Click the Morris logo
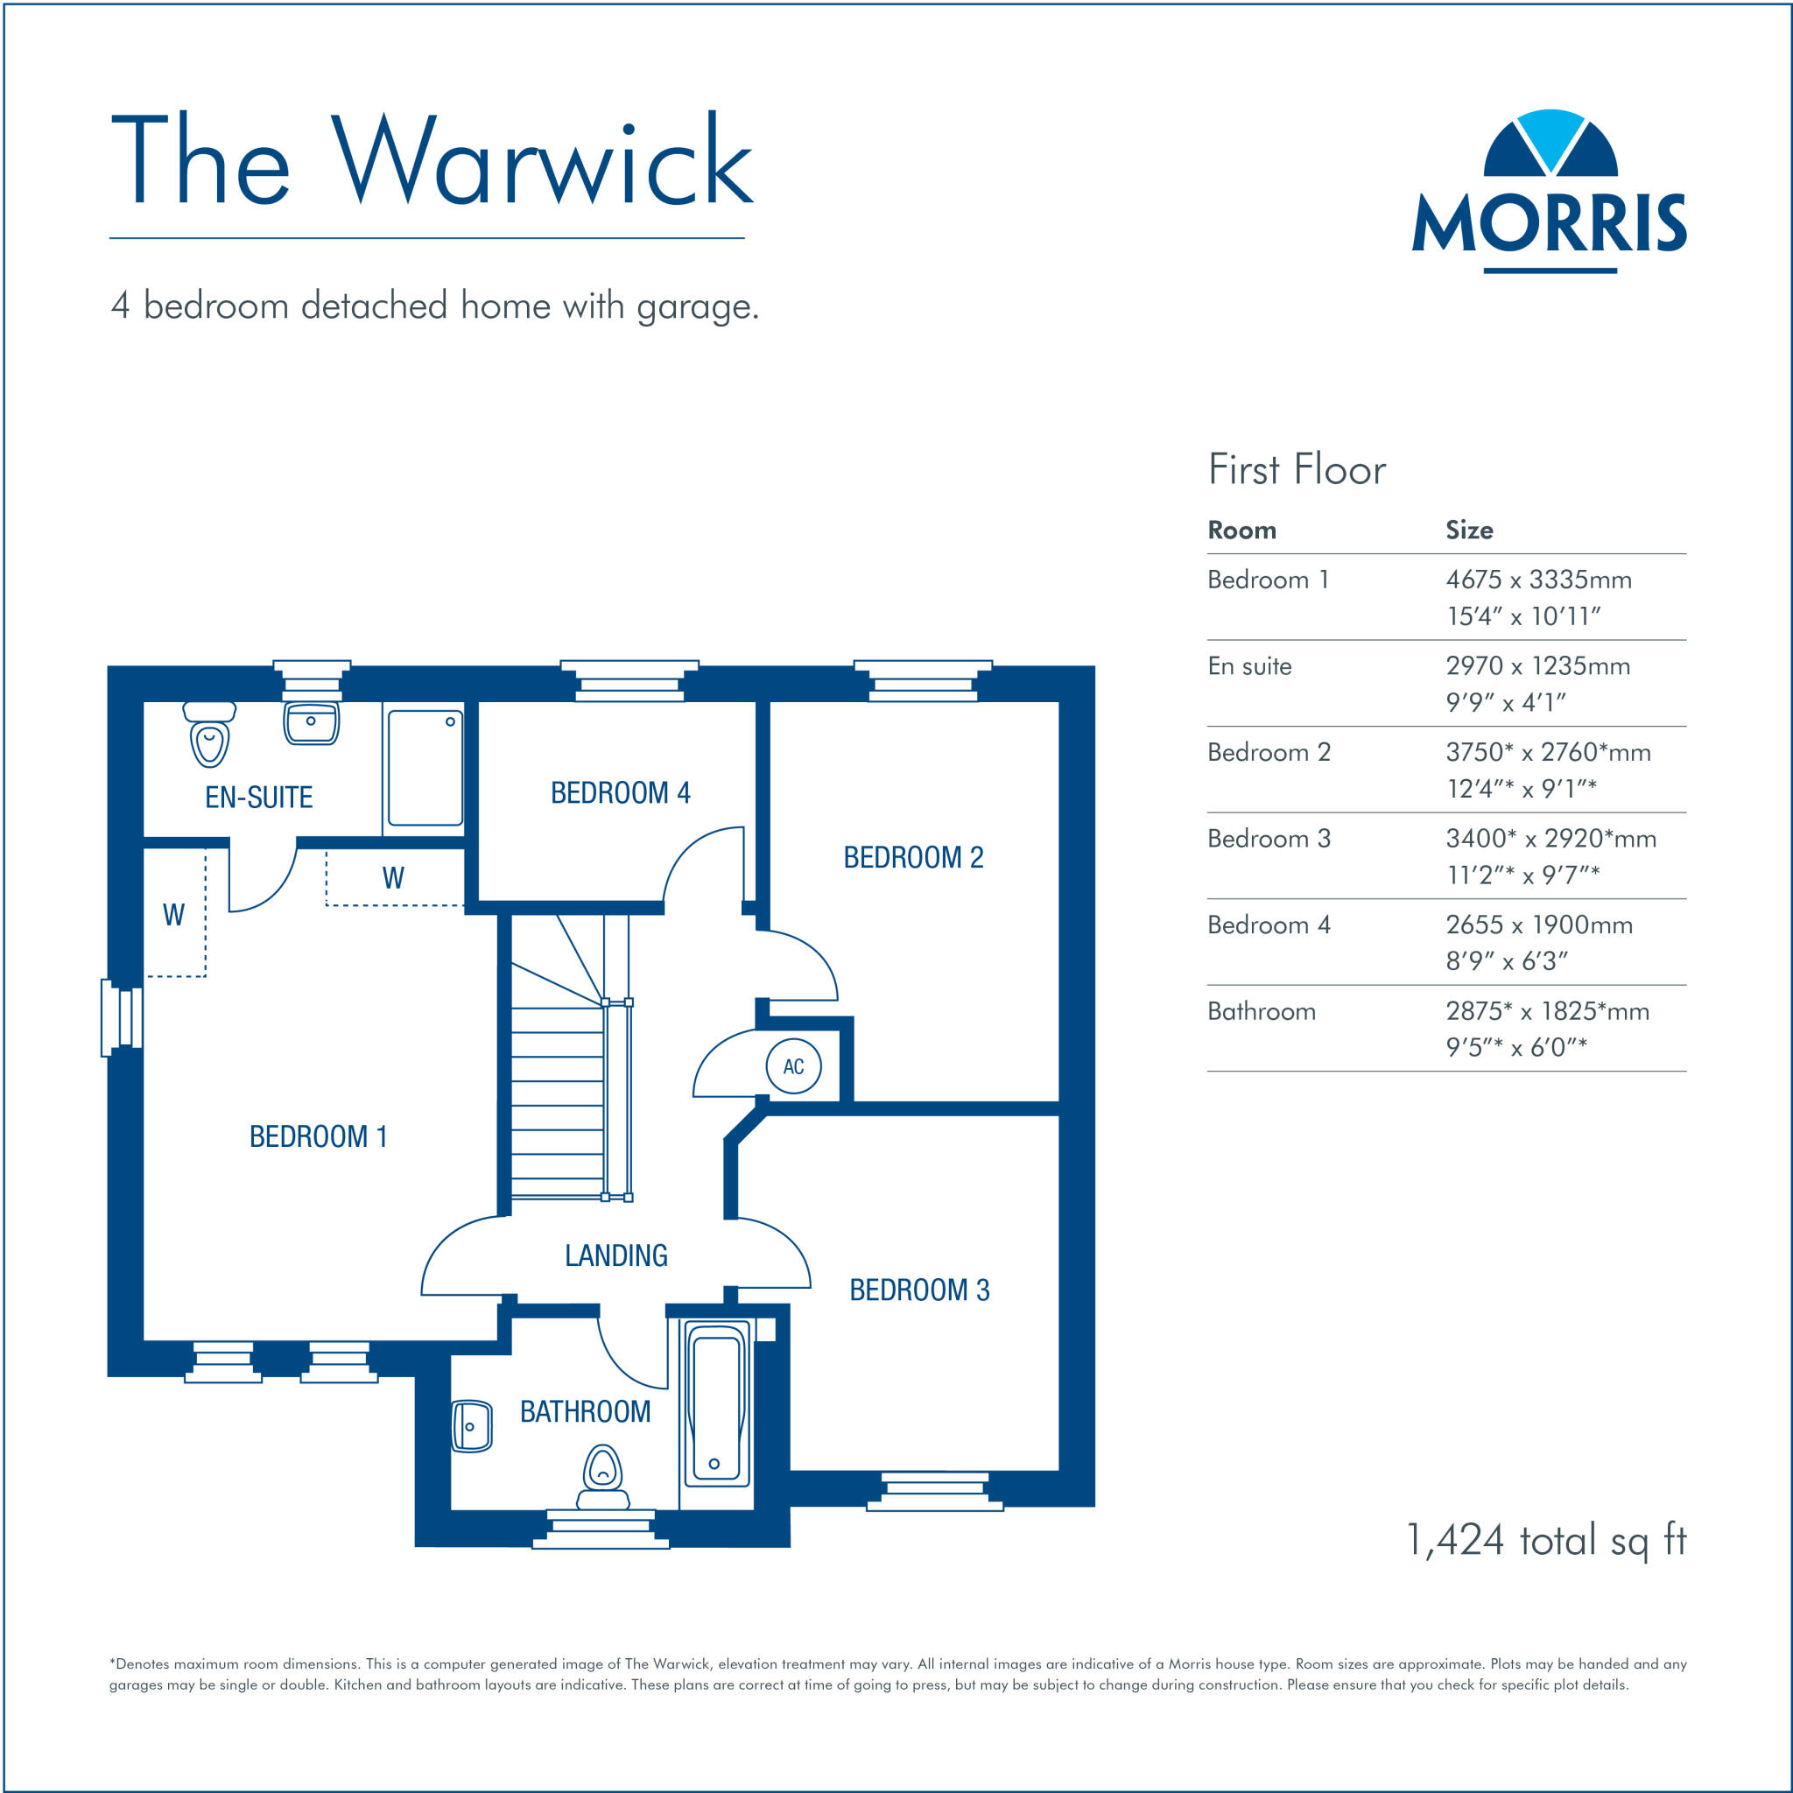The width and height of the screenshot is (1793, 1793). [1549, 192]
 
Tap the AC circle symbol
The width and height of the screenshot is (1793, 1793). [793, 1066]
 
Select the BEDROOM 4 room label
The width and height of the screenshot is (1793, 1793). [620, 792]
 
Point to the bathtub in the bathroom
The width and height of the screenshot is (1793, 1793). [716, 1405]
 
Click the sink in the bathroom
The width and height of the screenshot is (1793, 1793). [472, 1426]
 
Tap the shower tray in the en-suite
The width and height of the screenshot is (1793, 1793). [425, 769]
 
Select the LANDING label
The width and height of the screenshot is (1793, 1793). [616, 1255]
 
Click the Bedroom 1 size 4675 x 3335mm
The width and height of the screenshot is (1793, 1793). [1537, 580]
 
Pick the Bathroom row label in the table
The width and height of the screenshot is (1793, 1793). [1262, 1011]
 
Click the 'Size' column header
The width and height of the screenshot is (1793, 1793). [1469, 530]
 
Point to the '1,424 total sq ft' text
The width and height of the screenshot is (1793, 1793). [1546, 1540]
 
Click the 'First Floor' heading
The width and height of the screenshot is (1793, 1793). [1297, 469]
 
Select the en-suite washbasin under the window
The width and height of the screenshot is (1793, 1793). [311, 724]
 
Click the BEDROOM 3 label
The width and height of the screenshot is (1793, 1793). [918, 1290]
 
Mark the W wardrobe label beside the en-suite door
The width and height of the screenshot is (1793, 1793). [393, 878]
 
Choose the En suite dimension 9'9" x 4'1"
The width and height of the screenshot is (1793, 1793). [1505, 702]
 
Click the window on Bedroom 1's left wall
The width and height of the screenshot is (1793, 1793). [122, 1018]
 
